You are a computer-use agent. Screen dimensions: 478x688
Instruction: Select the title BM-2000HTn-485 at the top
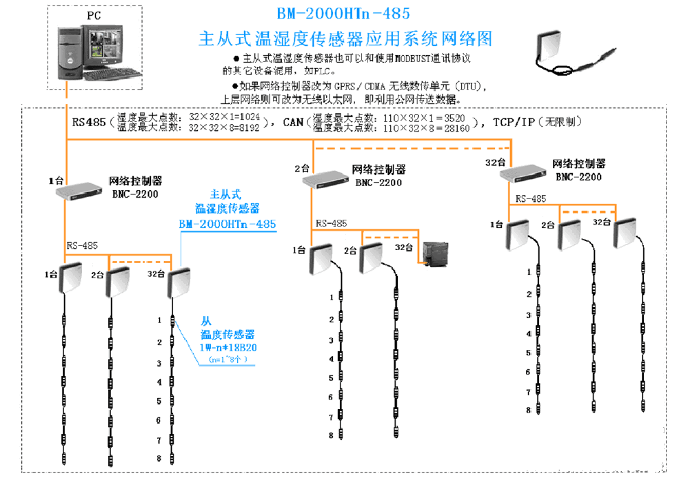click(x=343, y=14)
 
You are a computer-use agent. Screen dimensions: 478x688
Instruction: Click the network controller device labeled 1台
click(x=79, y=191)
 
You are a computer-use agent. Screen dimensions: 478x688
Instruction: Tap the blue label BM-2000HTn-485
click(x=227, y=225)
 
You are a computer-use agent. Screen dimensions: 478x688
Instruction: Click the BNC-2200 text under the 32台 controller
click(x=578, y=177)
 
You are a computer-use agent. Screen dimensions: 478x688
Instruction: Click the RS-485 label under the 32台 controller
click(x=532, y=199)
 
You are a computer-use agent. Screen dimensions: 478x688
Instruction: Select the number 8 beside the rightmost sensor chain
click(x=529, y=410)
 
